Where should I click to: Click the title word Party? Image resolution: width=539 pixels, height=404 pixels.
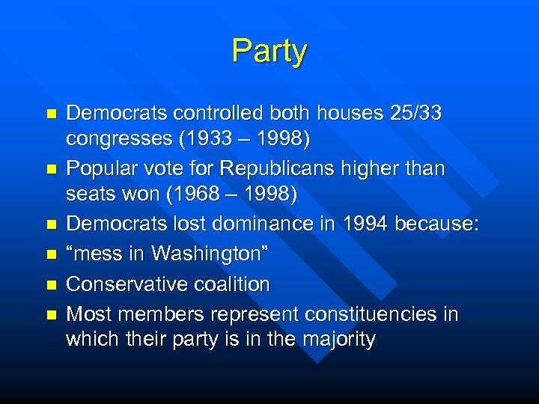click(x=269, y=52)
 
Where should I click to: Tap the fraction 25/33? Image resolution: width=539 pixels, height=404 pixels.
click(x=416, y=114)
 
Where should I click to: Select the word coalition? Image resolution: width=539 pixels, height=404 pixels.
click(x=232, y=284)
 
